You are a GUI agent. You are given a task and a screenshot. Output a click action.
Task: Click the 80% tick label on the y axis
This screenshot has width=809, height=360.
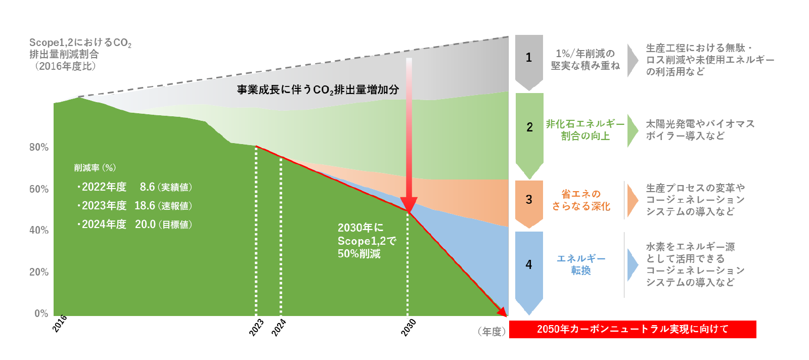(x=39, y=147)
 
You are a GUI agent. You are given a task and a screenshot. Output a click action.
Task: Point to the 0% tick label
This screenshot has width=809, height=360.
(x=41, y=313)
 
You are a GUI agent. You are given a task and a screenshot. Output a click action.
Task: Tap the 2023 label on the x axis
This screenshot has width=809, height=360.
(x=256, y=327)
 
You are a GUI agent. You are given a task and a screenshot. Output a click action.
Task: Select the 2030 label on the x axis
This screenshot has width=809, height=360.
(x=409, y=327)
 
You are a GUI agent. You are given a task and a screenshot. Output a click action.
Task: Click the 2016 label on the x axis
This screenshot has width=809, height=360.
(x=60, y=323)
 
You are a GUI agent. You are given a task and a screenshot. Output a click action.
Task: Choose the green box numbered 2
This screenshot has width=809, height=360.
(x=529, y=136)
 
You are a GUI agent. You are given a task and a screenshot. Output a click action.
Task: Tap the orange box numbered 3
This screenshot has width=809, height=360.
(x=529, y=204)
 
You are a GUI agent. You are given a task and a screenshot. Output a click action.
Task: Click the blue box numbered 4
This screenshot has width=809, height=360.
(x=529, y=273)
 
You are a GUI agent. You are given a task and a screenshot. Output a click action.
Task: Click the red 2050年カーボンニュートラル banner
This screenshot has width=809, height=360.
(x=633, y=329)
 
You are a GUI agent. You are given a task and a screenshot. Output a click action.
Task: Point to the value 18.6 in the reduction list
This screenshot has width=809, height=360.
(x=145, y=206)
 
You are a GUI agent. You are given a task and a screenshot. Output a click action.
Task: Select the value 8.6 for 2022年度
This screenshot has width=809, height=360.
(x=147, y=187)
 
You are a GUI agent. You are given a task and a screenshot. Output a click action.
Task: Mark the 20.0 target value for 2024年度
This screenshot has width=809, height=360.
(x=145, y=224)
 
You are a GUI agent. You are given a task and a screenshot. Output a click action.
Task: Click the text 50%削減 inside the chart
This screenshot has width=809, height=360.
(x=359, y=254)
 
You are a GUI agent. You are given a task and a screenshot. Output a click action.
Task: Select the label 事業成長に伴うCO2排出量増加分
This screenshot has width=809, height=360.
(x=318, y=89)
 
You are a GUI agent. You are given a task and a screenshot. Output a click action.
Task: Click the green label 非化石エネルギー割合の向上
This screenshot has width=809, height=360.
(x=585, y=130)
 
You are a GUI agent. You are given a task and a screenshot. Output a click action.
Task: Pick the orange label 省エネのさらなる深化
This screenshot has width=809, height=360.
(x=581, y=200)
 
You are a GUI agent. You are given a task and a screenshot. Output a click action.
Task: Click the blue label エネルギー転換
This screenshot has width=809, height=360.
(x=581, y=264)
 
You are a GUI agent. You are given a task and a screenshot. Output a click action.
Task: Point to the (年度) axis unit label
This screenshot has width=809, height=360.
(x=491, y=332)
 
